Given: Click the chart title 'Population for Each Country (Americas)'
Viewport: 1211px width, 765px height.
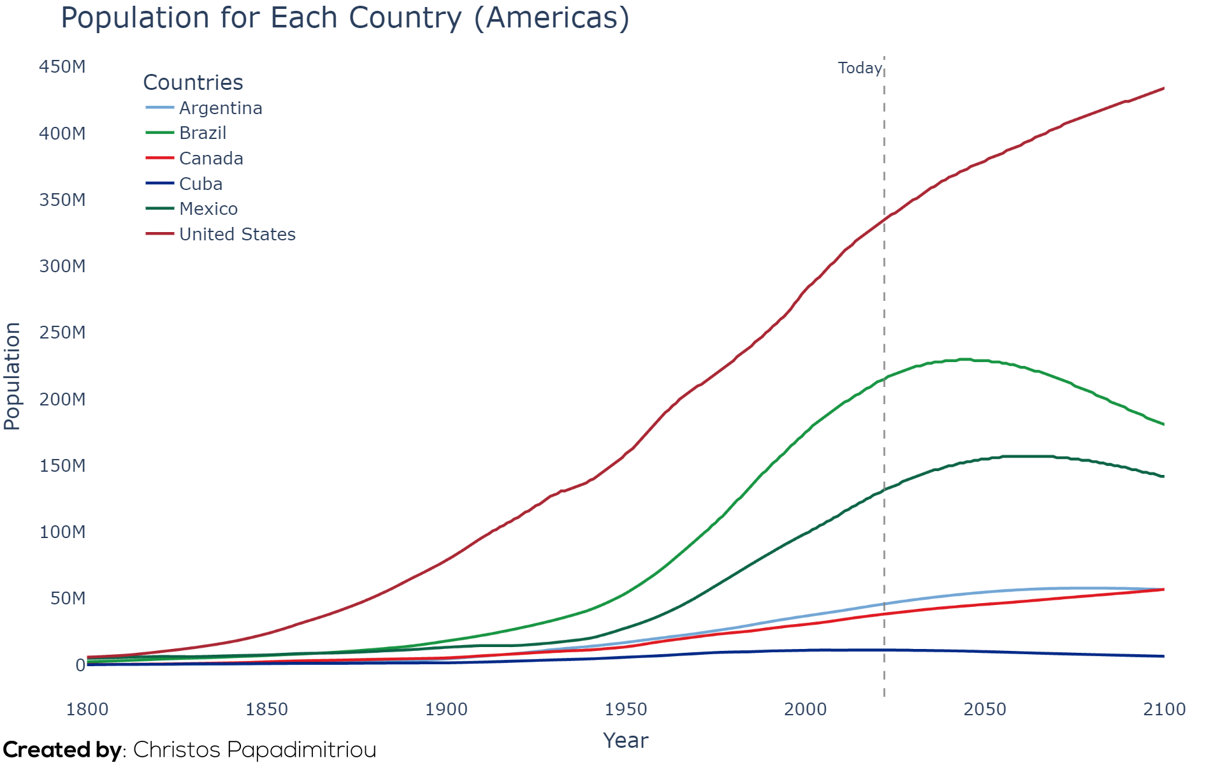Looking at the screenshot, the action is pos(345,18).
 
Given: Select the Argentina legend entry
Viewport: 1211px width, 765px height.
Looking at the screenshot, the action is pos(204,108).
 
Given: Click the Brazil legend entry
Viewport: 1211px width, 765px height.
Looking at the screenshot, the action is pos(186,133).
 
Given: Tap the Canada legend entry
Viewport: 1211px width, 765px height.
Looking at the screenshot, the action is pos(194,158).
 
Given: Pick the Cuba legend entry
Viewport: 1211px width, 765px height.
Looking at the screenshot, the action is pos(184,184).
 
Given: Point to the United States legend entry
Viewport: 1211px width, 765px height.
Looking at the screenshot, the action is pos(221,234).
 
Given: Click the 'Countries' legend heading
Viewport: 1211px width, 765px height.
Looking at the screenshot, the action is pos(193,82).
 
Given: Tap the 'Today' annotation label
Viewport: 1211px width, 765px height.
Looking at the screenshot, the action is pos(860,68).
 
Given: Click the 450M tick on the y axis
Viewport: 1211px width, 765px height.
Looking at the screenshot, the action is pos(62,67).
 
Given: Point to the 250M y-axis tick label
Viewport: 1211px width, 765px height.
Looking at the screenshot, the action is pos(62,332).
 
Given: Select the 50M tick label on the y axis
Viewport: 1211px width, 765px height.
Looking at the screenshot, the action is pos(68,598).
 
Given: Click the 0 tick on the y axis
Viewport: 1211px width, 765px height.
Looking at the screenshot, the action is pos(80,665).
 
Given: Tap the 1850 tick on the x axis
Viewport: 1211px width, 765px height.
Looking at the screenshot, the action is pos(267,709).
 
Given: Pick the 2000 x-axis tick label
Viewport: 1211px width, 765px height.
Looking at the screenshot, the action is pos(806,709).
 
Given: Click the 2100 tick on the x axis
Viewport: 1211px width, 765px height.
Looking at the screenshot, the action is pos(1164,709).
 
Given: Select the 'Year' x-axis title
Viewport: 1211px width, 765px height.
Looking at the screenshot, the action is pos(626,740).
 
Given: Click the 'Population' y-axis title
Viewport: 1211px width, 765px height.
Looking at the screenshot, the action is pos(12,376).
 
